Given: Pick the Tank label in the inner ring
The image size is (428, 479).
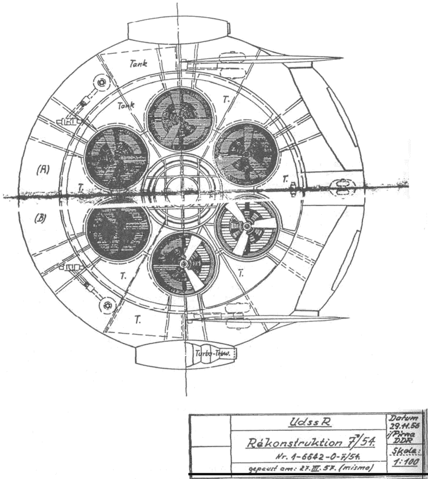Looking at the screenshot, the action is (126, 106).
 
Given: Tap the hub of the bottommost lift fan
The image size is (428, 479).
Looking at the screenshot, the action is (183, 263).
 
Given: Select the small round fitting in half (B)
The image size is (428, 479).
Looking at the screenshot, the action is (108, 305).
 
